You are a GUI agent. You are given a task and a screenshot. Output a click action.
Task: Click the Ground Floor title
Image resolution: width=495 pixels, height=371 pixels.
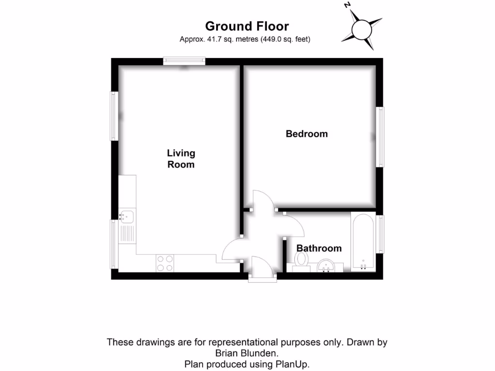(247, 26)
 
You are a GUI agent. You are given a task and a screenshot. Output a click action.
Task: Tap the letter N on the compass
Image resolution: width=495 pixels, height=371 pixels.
(347, 5)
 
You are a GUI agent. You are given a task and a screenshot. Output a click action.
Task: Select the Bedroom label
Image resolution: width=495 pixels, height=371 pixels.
(306, 134)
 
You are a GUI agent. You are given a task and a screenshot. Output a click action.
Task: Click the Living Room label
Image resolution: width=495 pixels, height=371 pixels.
(181, 158)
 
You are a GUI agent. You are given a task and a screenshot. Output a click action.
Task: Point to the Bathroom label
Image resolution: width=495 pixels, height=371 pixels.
(319, 248)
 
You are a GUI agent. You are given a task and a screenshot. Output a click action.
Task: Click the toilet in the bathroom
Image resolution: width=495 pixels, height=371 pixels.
(302, 261)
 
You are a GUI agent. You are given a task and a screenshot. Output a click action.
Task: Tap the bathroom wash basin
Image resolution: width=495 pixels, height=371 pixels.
(328, 266)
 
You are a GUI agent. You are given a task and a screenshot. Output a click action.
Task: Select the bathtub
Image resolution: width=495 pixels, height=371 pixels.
(363, 242)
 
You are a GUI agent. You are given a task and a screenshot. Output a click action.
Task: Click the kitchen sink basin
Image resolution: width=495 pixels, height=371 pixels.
(128, 215)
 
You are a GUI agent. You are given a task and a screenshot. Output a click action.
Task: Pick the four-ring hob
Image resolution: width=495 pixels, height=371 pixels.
(165, 263)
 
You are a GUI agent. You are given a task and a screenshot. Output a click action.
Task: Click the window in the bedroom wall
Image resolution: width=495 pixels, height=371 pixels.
(381, 137)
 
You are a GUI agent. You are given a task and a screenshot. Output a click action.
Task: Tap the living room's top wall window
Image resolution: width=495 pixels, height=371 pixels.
(184, 61)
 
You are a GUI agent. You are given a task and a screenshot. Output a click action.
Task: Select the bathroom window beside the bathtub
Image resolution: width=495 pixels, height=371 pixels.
(381, 234)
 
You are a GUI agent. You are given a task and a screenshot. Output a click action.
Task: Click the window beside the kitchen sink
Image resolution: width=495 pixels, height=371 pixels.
(114, 244)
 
